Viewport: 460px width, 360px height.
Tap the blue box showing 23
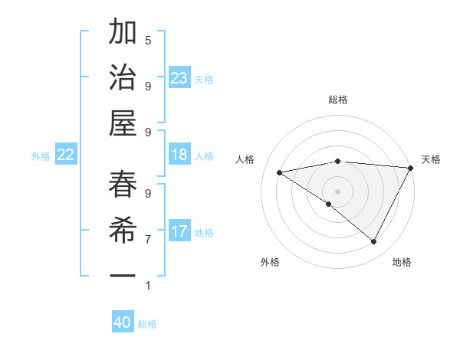(179, 78)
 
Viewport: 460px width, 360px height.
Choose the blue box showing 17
(179, 232)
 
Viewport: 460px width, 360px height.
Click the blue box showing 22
(66, 155)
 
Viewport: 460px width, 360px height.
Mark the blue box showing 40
(123, 323)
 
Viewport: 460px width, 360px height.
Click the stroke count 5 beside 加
(147, 40)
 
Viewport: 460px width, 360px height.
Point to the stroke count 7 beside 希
(147, 239)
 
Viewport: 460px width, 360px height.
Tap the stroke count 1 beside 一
(147, 286)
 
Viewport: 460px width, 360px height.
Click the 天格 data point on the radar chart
(411, 168)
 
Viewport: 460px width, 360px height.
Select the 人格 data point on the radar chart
(279, 172)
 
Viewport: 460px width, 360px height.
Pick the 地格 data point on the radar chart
(374, 242)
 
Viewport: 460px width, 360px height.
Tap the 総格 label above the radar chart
(337, 100)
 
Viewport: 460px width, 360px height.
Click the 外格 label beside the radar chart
(270, 262)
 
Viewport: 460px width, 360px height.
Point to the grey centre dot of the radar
(337, 191)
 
